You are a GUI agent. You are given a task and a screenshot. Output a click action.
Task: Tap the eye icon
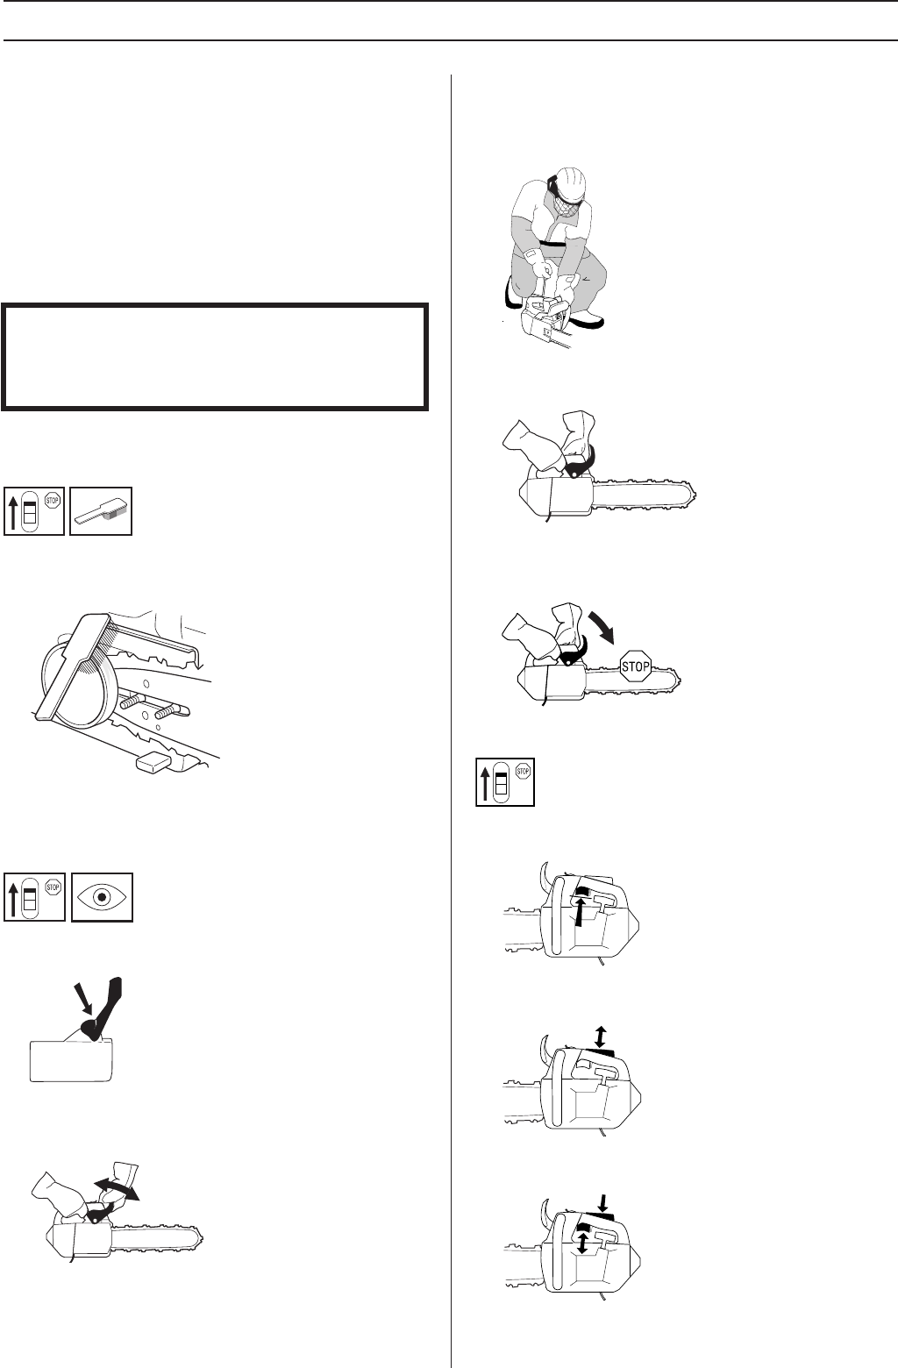[102, 897]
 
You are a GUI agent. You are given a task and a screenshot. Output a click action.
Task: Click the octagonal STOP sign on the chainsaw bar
[635, 666]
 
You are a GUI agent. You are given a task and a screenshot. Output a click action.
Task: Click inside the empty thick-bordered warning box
[215, 356]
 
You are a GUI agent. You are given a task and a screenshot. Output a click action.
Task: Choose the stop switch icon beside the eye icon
[34, 897]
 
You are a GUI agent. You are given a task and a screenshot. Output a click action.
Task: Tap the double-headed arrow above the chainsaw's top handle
[599, 1037]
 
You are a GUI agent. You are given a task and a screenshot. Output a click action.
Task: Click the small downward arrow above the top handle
[600, 1199]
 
